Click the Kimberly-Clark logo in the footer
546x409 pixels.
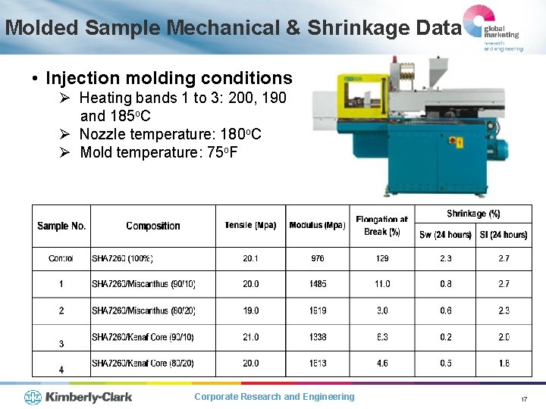coord(77,397)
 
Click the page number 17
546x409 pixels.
coord(523,399)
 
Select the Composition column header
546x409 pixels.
coord(153,226)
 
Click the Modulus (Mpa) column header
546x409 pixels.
coord(317,226)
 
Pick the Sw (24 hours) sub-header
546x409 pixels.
coord(445,235)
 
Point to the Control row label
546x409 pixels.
coord(61,259)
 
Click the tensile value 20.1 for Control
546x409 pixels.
coord(250,259)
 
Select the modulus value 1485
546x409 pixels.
coord(317,284)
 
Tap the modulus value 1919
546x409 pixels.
coord(317,311)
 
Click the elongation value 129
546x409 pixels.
coord(382,259)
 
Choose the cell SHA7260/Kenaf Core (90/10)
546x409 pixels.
coord(143,337)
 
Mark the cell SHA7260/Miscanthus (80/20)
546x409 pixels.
coord(143,311)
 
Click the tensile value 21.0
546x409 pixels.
coord(250,337)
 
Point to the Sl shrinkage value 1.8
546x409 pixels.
coord(504,364)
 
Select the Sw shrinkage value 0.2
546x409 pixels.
coord(445,337)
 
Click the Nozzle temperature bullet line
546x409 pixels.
coord(170,134)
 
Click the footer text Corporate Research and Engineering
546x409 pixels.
coord(274,397)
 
